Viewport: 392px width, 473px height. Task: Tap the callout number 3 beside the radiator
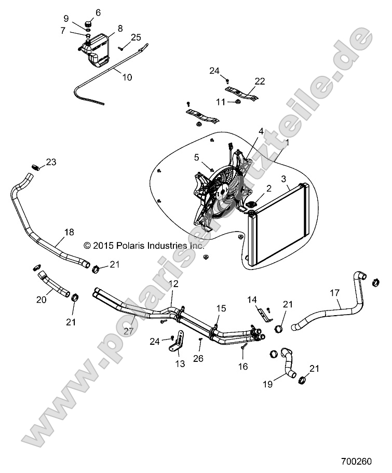click(284, 180)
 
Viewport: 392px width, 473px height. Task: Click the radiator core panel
click(280, 228)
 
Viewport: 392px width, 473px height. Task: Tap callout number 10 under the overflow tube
click(127, 77)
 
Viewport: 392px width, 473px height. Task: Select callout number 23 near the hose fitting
click(50, 162)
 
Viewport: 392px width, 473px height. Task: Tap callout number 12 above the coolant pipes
click(173, 283)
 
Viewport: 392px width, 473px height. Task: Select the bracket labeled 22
click(248, 97)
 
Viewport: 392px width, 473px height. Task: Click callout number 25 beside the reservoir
click(136, 37)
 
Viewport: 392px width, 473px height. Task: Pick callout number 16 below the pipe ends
click(242, 367)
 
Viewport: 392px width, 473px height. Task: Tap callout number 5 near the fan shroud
click(197, 156)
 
